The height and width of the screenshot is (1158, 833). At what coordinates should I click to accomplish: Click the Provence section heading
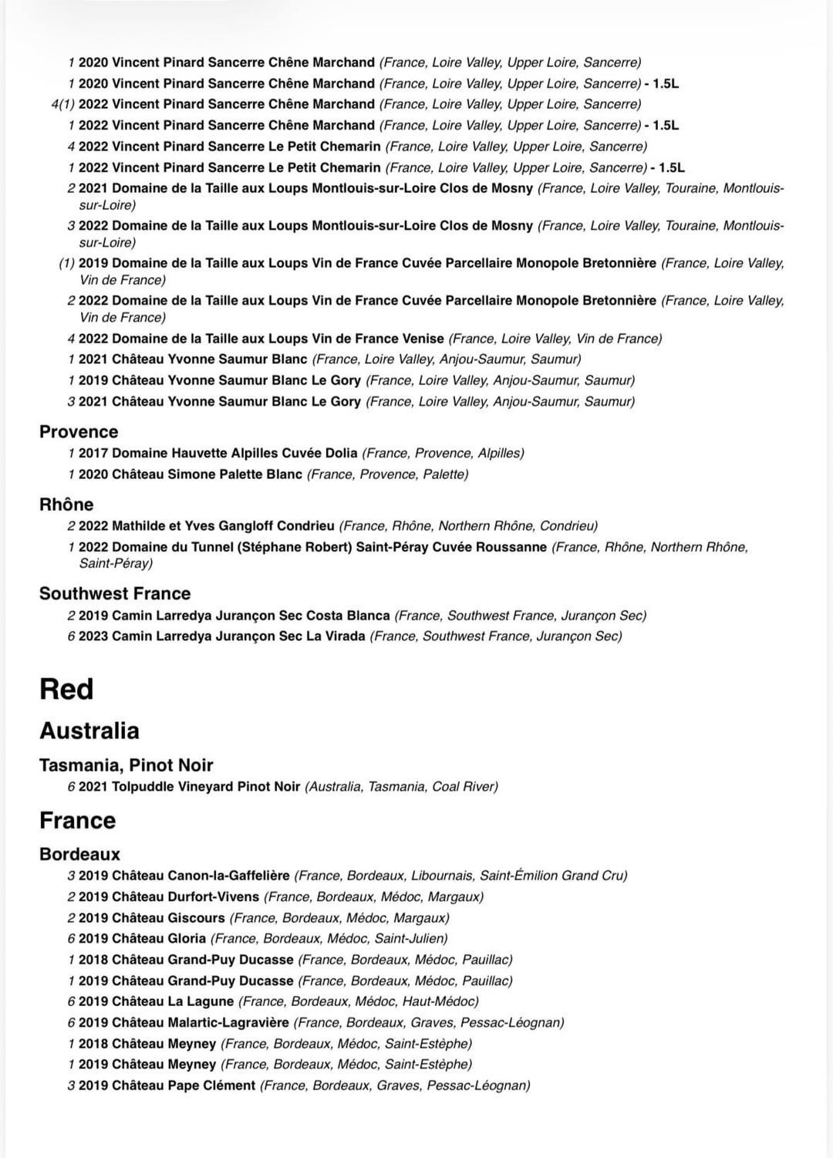pyautogui.click(x=79, y=432)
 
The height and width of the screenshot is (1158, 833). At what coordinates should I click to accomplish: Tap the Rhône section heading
pyautogui.click(x=66, y=505)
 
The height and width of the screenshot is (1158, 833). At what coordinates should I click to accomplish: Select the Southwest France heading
pyautogui.click(x=115, y=593)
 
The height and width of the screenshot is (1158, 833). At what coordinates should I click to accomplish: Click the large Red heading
pyautogui.click(x=66, y=689)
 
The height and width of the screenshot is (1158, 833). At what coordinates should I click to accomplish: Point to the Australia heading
pyautogui.click(x=89, y=731)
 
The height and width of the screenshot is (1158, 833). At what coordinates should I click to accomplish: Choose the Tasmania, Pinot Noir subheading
pyautogui.click(x=126, y=765)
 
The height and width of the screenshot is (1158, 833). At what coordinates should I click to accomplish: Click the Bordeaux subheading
pyautogui.click(x=80, y=854)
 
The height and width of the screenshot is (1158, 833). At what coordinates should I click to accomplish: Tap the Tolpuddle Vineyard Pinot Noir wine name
pyautogui.click(x=206, y=787)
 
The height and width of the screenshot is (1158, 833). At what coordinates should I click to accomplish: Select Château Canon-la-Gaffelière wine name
pyautogui.click(x=201, y=876)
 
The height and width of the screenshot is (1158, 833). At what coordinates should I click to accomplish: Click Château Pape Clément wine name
pyautogui.click(x=184, y=1085)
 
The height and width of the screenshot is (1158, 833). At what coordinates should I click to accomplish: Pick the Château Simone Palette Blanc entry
pyautogui.click(x=207, y=474)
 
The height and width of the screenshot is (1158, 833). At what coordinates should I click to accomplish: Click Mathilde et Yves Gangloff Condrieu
pyautogui.click(x=223, y=526)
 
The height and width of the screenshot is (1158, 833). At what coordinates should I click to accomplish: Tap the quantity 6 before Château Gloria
pyautogui.click(x=71, y=939)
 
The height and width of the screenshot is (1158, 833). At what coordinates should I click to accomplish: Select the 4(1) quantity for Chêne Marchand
pyautogui.click(x=62, y=104)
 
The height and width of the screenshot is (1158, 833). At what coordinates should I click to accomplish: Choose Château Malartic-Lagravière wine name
pyautogui.click(x=201, y=1023)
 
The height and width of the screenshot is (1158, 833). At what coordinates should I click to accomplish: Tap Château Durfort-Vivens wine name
pyautogui.click(x=185, y=897)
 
